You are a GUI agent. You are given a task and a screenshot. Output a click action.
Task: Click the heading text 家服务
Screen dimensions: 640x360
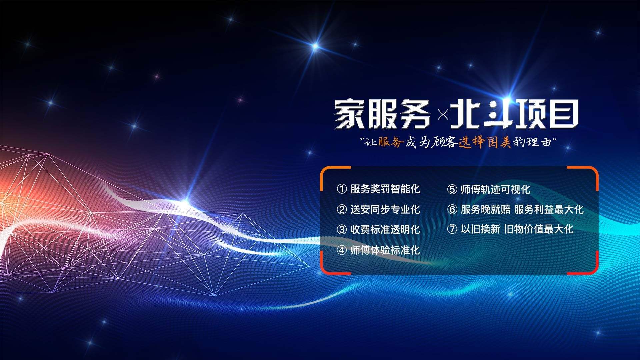point(383,114)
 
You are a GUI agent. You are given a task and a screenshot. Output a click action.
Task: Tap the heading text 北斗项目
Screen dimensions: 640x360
point(514,114)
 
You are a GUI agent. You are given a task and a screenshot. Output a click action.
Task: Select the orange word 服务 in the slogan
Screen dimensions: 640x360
point(391,142)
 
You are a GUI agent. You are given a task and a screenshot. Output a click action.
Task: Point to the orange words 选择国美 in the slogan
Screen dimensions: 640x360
point(485,143)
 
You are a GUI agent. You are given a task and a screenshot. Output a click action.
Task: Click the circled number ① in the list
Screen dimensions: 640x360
point(342,189)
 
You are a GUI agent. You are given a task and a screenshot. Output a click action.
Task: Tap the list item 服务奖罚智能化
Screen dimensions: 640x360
point(385,189)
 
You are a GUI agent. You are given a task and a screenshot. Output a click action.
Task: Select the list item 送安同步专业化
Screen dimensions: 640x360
point(385,209)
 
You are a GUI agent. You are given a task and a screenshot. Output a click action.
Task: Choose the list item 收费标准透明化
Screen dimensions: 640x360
point(385,229)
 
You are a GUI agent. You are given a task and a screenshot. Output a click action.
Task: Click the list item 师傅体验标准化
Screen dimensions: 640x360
point(385,250)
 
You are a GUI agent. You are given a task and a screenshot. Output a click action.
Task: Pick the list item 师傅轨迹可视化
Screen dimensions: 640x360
point(495,189)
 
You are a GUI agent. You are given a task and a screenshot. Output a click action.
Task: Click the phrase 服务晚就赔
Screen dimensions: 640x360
point(485,209)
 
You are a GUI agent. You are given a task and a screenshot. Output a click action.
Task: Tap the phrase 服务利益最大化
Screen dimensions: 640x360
point(549,209)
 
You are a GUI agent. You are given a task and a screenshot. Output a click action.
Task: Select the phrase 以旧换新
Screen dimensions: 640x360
point(480,229)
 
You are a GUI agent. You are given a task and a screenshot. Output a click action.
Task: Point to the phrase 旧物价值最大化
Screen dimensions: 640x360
point(539,229)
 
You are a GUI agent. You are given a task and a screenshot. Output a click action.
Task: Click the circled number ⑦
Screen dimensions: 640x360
point(452,229)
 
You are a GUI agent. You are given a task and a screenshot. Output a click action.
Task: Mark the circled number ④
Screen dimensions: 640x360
point(342,250)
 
